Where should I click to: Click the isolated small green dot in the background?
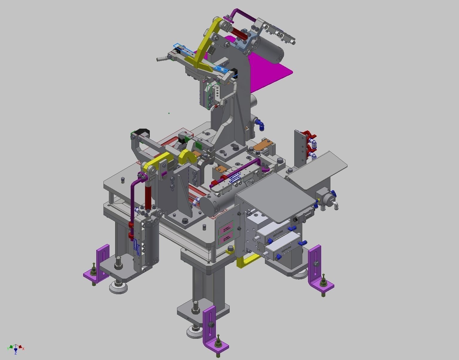[x=169, y=113]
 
